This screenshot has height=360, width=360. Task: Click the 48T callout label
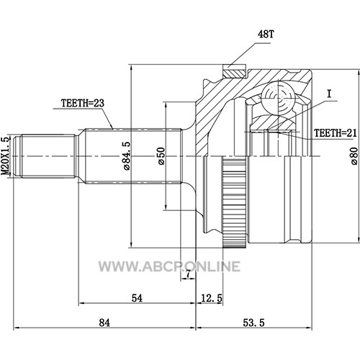point(266,35)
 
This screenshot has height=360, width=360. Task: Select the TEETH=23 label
point(83,103)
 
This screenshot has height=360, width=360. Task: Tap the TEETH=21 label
point(336,133)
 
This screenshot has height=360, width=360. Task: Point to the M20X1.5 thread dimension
point(6,156)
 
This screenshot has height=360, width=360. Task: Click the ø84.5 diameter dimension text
point(127,156)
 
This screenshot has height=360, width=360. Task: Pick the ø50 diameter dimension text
point(161,156)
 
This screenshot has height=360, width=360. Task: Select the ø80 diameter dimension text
point(354,156)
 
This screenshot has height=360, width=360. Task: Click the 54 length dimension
point(137,298)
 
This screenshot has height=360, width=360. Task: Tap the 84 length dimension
point(104,323)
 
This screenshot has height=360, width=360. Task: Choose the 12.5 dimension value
point(212,298)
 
